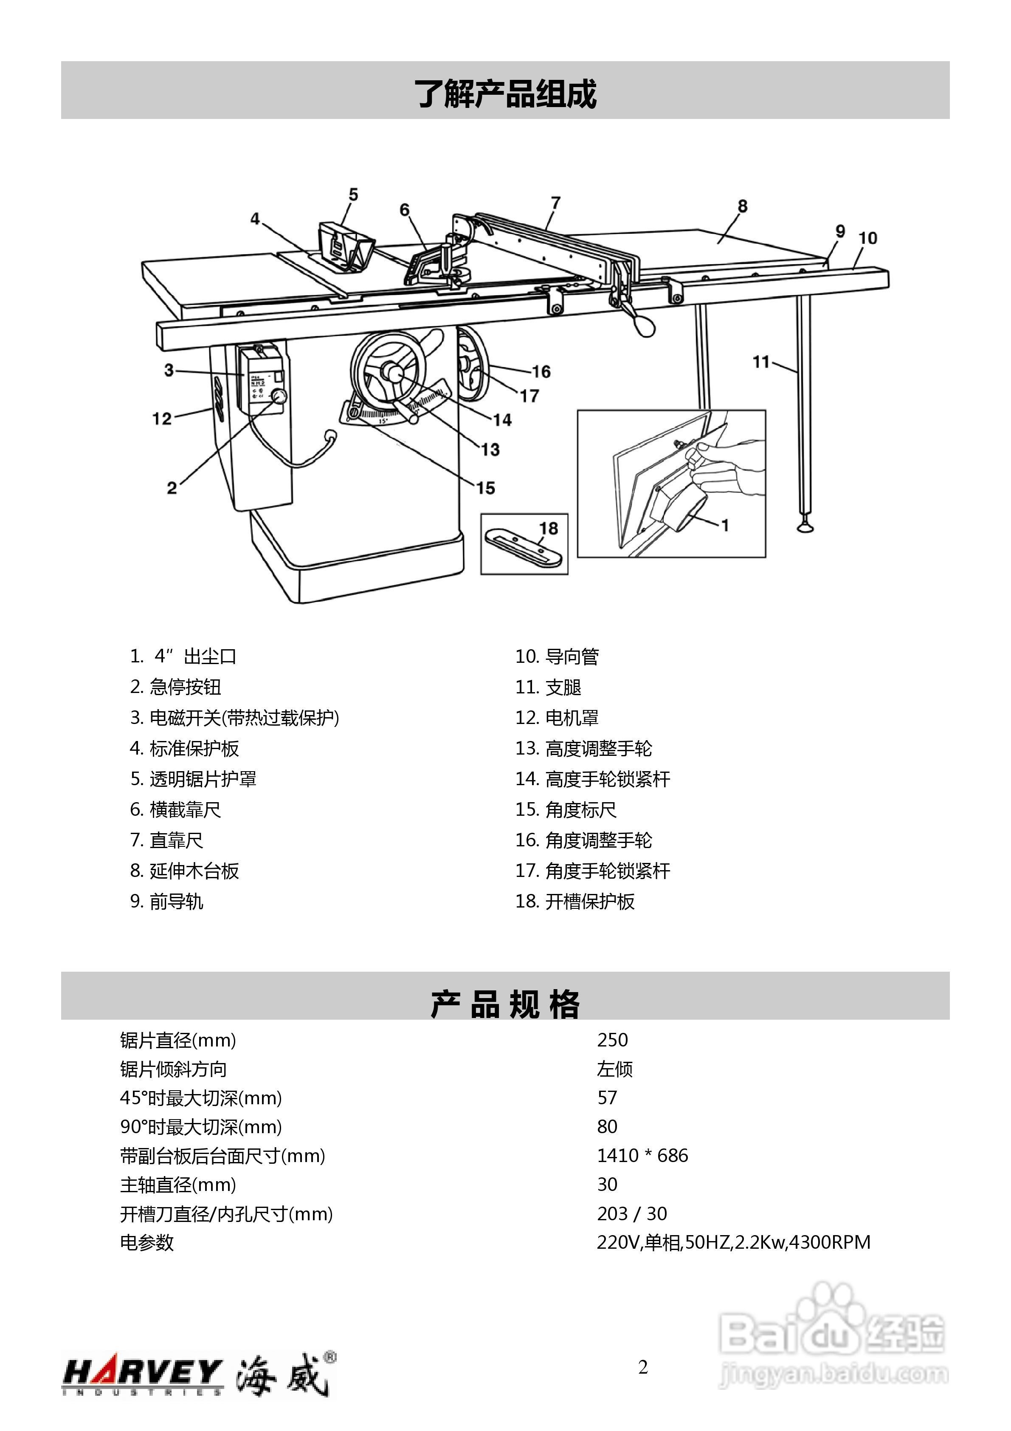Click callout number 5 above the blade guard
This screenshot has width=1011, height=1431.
353,195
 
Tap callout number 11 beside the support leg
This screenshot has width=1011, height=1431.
761,362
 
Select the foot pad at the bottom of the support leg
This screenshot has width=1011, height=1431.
806,529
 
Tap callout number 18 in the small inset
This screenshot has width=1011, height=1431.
548,529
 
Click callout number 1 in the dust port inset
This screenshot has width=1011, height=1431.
725,526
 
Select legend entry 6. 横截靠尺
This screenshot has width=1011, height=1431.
176,810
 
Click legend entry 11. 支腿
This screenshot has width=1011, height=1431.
548,687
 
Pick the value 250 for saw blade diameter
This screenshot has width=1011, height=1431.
612,1040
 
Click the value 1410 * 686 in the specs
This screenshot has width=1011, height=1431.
642,1156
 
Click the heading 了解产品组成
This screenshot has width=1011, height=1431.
505,93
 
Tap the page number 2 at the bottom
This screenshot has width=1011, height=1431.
643,1367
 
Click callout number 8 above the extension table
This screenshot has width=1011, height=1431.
742,206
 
